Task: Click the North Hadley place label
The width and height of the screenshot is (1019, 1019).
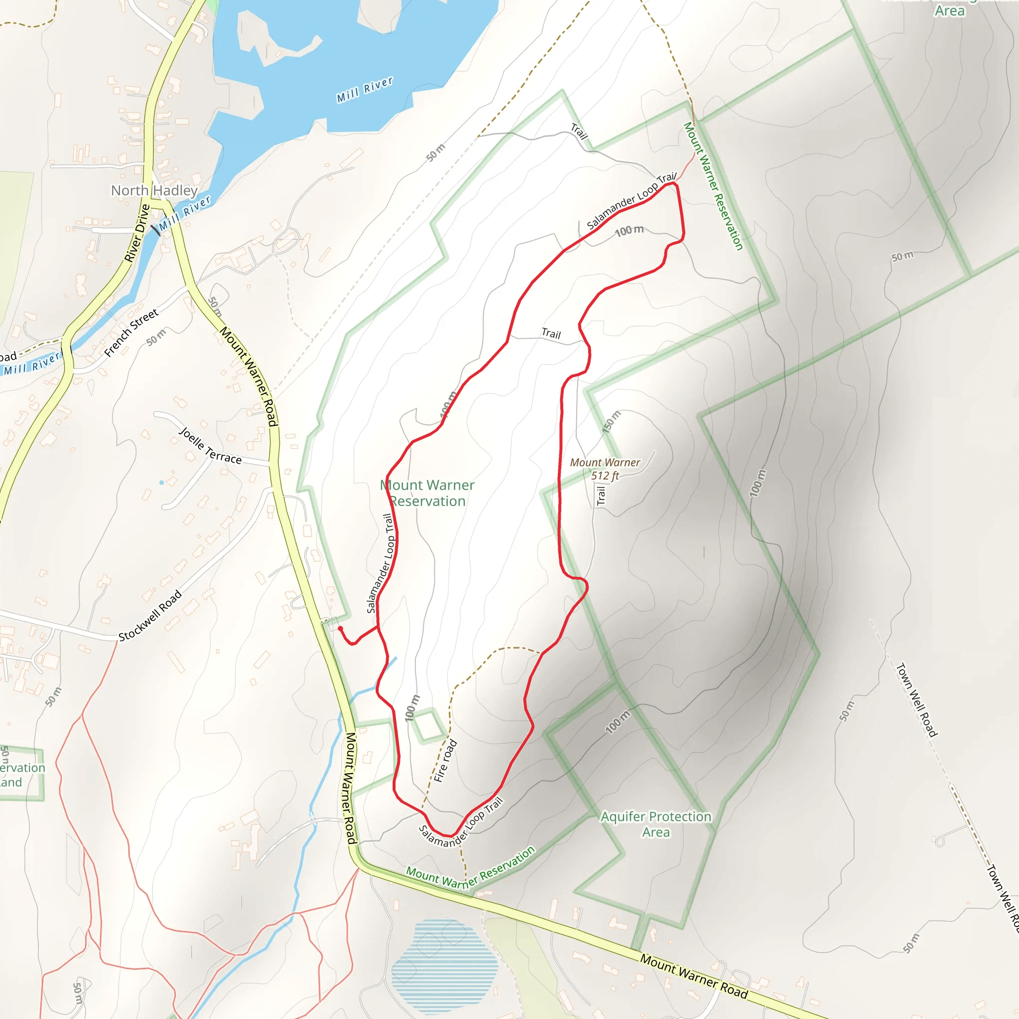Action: (154, 191)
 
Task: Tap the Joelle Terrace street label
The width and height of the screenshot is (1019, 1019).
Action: (210, 446)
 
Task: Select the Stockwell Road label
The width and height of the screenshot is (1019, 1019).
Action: (150, 615)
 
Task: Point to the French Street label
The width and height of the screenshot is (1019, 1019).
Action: (131, 333)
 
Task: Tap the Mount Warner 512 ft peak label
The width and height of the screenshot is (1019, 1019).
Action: (605, 469)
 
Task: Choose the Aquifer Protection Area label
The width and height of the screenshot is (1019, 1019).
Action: (656, 824)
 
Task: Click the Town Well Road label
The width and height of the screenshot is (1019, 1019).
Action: (917, 700)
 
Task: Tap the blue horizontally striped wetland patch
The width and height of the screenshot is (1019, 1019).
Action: (444, 963)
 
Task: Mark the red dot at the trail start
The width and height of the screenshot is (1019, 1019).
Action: (340, 628)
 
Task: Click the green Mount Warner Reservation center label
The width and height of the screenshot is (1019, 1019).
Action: (427, 493)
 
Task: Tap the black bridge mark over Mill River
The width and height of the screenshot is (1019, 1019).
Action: (155, 229)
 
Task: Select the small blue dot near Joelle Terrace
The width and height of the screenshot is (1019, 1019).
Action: (161, 482)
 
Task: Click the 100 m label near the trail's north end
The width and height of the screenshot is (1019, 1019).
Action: (629, 230)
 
